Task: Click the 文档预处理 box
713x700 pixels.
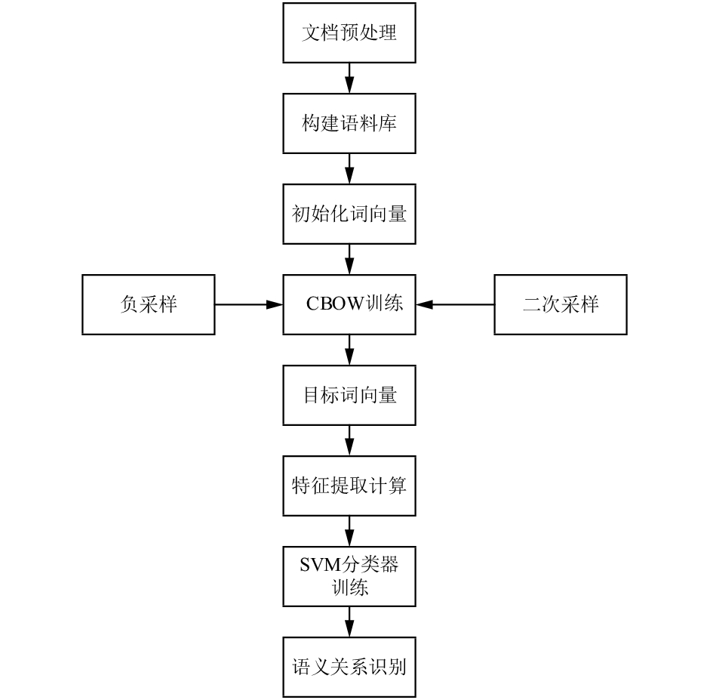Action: (349, 32)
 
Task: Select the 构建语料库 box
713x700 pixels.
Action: (349, 123)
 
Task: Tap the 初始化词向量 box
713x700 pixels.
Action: (349, 214)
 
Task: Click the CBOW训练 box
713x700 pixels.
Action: (349, 304)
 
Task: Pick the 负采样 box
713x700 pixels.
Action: (148, 304)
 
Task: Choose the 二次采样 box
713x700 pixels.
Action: (561, 304)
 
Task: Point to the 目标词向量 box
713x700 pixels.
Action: (349, 395)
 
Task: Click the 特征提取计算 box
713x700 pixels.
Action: (349, 486)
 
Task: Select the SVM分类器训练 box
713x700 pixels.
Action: (349, 576)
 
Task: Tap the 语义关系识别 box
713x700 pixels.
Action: (349, 667)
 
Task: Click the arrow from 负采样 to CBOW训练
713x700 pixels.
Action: (249, 304)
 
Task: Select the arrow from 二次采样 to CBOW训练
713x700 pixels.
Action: (455, 304)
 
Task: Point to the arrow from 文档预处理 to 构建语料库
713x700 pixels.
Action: (349, 78)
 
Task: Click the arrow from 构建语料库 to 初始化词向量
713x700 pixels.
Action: (349, 168)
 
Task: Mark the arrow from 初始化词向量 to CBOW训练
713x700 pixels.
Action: (349, 259)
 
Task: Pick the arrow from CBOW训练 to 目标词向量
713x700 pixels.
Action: (349, 350)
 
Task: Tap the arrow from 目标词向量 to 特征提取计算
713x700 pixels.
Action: (349, 440)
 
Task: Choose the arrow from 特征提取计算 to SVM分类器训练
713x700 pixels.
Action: (349, 531)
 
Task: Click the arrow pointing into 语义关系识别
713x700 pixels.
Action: (349, 621)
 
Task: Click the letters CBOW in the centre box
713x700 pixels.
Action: (336, 304)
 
